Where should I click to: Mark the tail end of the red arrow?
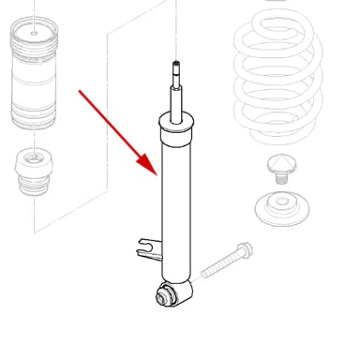coord(81,92)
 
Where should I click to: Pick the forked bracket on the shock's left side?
coord(145,248)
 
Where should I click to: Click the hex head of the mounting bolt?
coord(244,249)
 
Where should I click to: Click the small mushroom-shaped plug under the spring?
coord(279,170)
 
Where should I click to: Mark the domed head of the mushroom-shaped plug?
coord(279,163)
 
